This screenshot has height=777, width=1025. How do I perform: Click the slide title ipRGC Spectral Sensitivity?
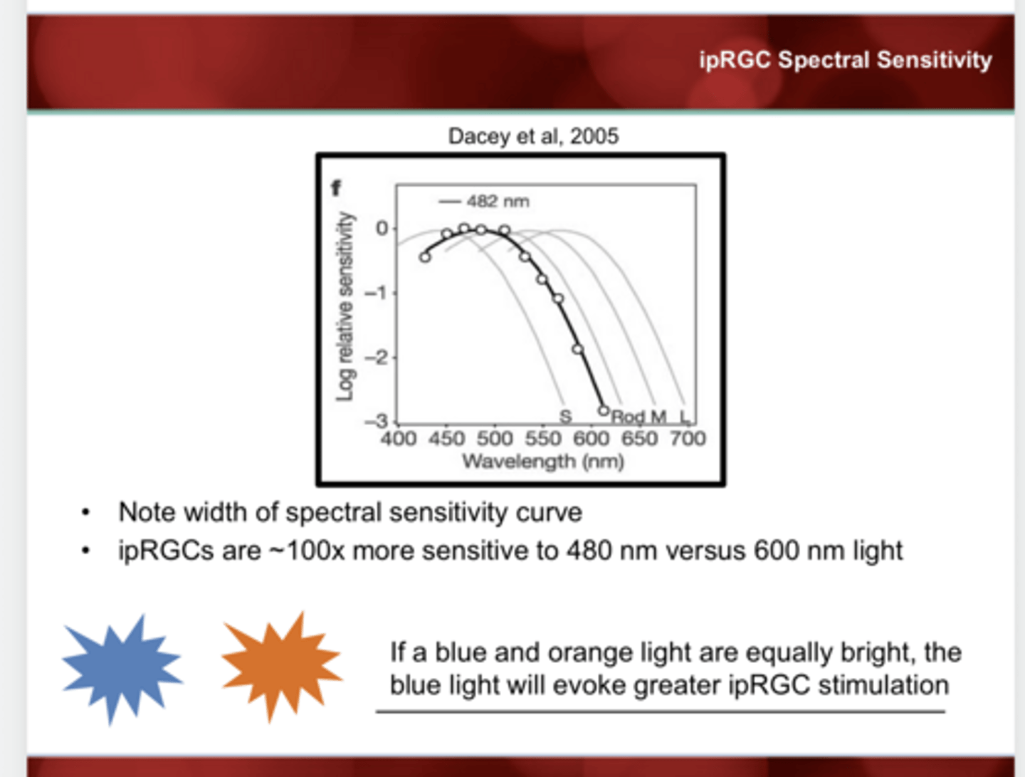pos(845,60)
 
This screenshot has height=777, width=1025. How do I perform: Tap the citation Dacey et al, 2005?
pos(533,136)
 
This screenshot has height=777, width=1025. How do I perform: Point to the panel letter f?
pos(336,188)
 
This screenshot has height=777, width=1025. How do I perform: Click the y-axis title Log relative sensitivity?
pos(345,306)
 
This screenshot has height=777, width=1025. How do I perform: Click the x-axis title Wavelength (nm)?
pos(543,461)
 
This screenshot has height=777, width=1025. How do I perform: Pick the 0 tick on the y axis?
pos(382,229)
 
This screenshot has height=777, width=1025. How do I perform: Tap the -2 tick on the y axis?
pos(377,358)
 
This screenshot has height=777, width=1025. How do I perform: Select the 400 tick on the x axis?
pos(398,438)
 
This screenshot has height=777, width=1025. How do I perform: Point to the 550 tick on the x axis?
pos(543,438)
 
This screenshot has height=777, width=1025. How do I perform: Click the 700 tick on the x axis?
pos(688,438)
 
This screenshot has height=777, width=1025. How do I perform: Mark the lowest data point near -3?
pos(604,411)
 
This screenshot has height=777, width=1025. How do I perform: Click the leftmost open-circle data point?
pos(425,257)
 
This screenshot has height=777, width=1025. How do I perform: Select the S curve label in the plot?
pos(565,416)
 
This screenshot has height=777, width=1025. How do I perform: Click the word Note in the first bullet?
pos(147,512)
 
